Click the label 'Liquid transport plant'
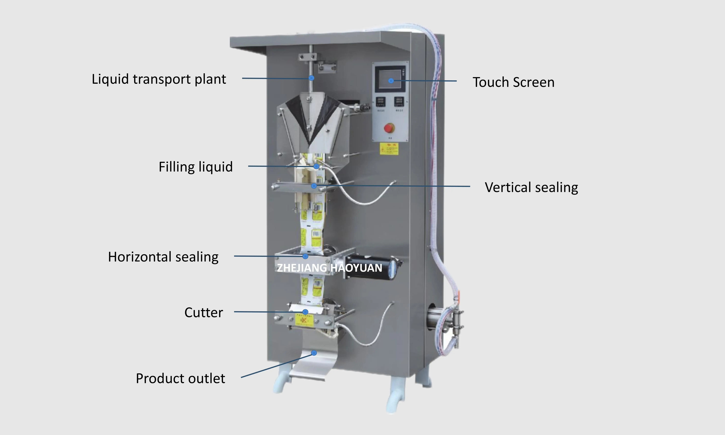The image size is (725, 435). [159, 79]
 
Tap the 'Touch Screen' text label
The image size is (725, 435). [513, 82]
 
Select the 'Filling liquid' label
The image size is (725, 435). [195, 167]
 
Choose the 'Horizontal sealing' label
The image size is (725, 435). [163, 257]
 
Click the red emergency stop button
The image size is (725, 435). [389, 128]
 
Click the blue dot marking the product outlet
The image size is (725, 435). [314, 353]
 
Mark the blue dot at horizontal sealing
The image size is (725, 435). [305, 256]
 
